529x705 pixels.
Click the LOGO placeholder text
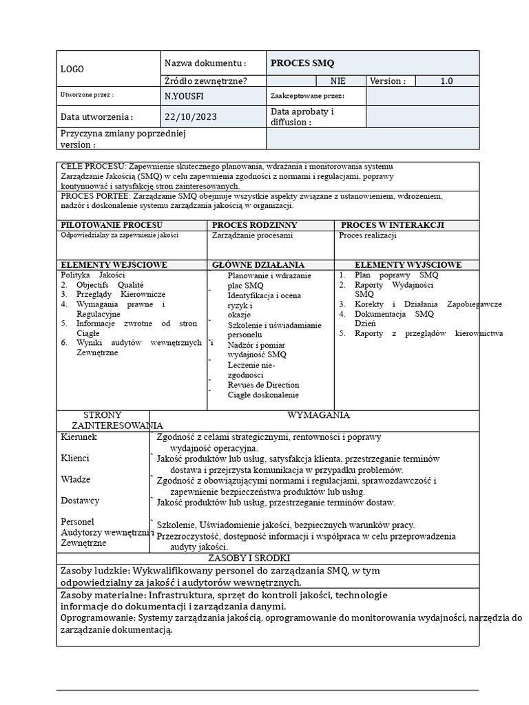coord(72,69)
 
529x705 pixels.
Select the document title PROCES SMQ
coord(302,63)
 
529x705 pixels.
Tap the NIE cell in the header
coord(338,81)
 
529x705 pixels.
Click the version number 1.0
coord(446,81)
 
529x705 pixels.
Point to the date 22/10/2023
coord(191,117)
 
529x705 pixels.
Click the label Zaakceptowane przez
coord(307,96)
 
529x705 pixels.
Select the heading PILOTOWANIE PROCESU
coord(112,225)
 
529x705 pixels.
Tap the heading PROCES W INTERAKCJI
coord(392,225)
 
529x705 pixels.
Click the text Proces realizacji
coord(368,235)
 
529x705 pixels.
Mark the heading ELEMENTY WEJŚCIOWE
coord(114,264)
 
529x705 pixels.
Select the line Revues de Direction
coord(263,385)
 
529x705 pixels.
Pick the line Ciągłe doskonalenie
coord(263,395)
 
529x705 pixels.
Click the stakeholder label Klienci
coord(75,458)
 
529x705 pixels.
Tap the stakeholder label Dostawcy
coord(80,501)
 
